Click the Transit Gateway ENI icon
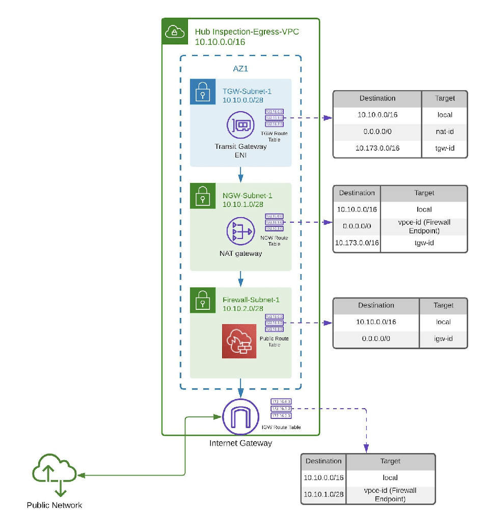coord(240,125)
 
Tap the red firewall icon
coord(239,341)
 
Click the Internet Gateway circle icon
coord(240,417)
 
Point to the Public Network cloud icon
coord(55,474)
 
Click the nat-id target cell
coord(444,131)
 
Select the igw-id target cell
coord(443,338)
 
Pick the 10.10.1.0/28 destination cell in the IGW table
coord(323,495)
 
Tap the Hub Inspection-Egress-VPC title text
coord(247,32)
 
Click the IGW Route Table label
coord(280,427)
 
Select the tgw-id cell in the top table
coord(444,148)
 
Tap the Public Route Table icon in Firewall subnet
coord(274,323)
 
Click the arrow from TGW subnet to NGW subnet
coord(240,174)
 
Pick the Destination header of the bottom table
coord(323,461)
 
